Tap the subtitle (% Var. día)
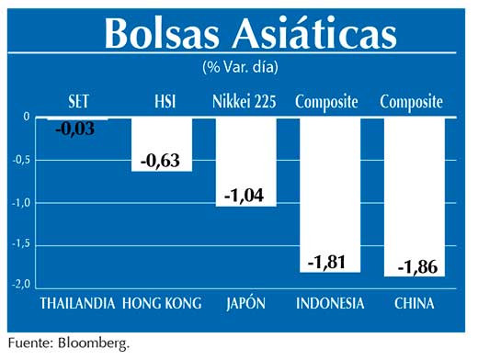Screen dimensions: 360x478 point(240,67)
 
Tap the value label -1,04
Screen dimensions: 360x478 point(245,196)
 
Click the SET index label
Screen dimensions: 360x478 point(78,101)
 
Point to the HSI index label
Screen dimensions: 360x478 point(162,101)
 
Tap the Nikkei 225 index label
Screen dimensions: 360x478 point(245,101)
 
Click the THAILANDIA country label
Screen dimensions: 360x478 point(77,303)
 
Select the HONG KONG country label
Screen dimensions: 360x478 point(162,303)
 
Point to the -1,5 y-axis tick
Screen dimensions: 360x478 point(25,244)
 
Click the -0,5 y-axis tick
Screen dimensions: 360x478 point(25,160)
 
